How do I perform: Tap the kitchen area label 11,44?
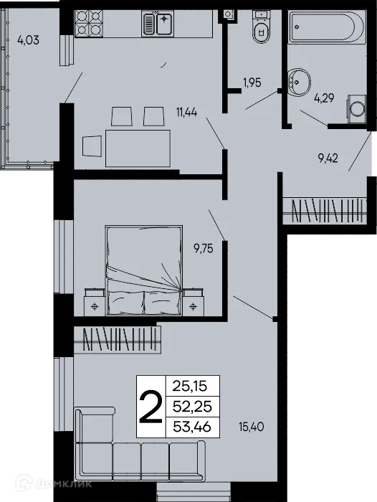(x=186, y=111)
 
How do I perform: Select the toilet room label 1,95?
(x=252, y=82)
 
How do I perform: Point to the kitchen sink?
(x=158, y=24)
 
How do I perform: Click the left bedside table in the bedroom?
(x=95, y=302)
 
